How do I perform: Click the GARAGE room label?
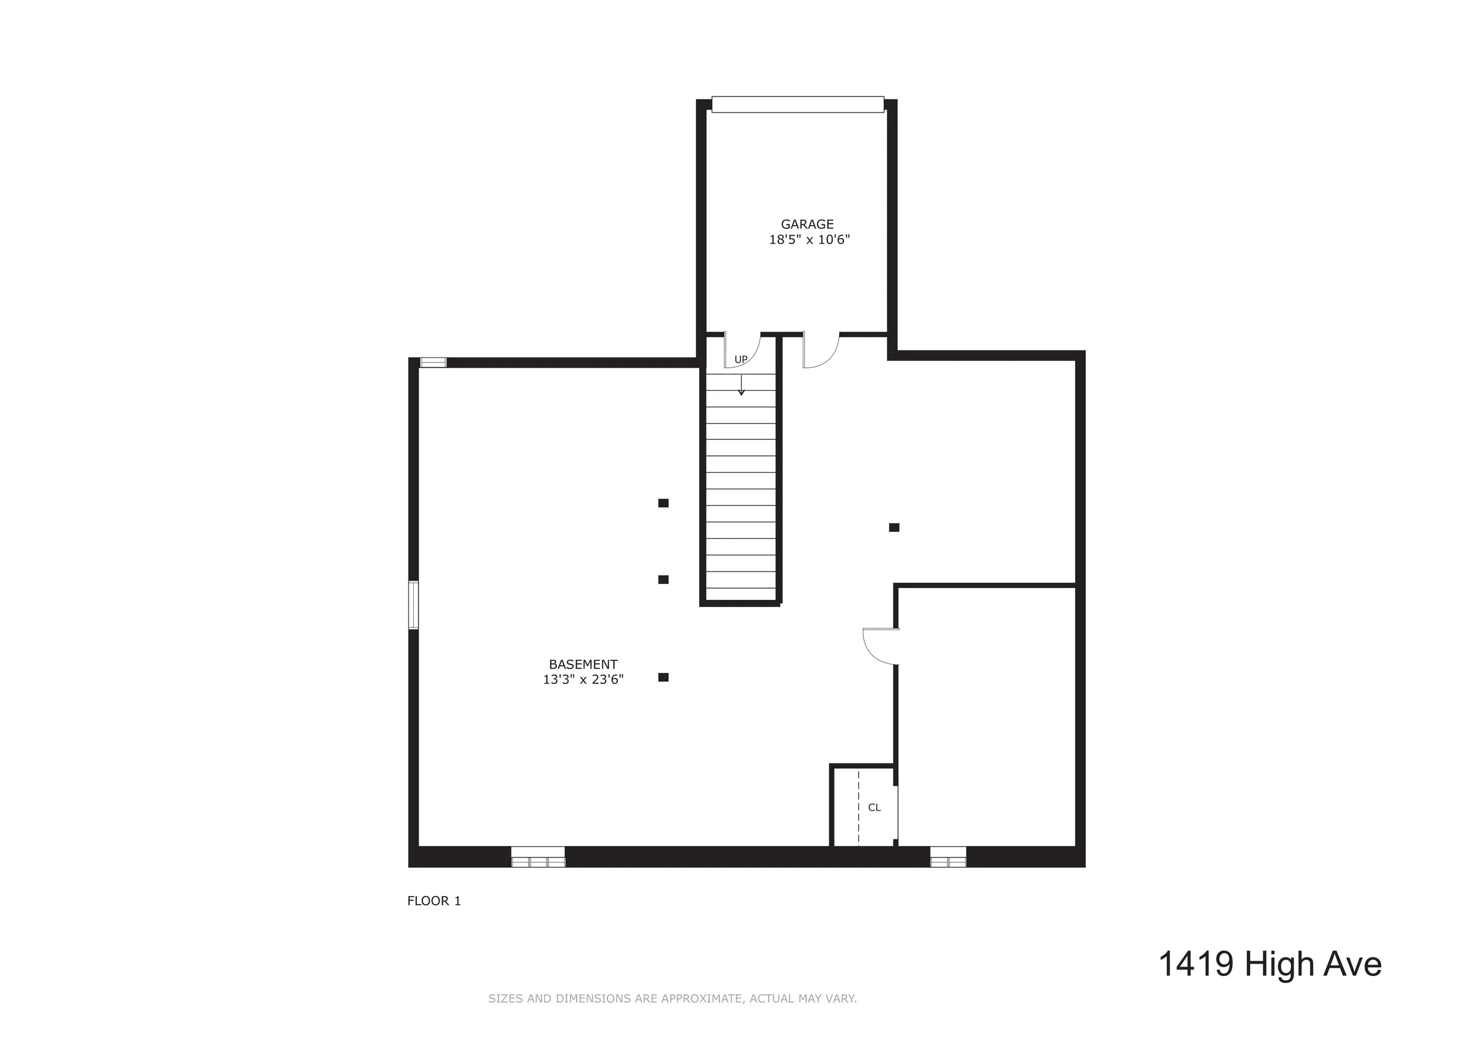807,224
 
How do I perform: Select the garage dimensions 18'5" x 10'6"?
809,240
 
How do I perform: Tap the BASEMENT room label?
583,664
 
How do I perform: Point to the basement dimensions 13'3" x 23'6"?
583,679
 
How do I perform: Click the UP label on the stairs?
741,359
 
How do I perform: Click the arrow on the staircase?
741,386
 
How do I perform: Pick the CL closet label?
874,807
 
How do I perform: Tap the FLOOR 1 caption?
434,901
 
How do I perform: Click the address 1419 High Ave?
1270,965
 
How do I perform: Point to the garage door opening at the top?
797,104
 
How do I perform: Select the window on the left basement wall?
413,605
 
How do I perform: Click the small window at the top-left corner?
433,362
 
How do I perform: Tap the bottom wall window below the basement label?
538,857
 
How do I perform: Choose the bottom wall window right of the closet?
948,857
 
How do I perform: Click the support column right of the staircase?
894,528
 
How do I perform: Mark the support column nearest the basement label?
663,677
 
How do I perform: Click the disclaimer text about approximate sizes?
673,998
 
